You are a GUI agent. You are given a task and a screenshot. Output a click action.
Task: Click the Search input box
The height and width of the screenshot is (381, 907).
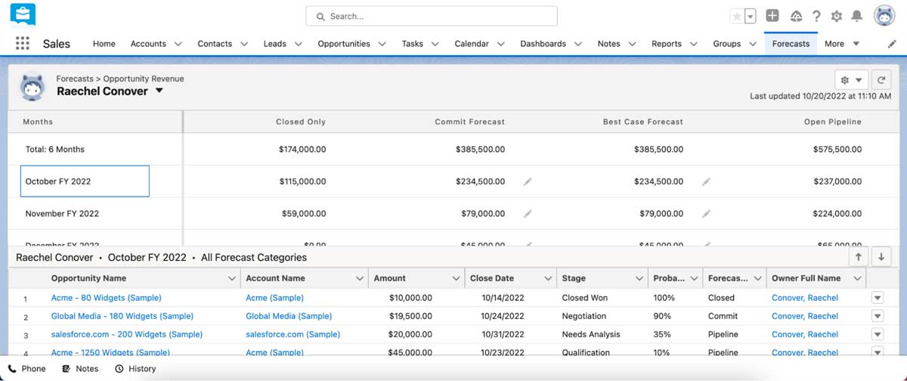click(431, 16)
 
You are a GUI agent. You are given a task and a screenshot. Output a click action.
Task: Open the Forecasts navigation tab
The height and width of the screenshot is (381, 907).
click(791, 44)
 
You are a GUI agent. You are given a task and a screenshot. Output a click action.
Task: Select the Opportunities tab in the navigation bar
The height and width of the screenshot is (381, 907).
click(344, 44)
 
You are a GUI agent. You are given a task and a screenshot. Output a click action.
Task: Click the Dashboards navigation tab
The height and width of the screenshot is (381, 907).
click(543, 44)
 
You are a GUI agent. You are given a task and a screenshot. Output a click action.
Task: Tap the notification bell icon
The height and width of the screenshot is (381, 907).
click(857, 16)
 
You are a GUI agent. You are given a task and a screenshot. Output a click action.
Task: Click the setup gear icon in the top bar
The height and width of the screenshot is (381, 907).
click(836, 16)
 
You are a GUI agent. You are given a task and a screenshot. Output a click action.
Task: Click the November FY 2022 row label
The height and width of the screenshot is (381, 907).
click(62, 214)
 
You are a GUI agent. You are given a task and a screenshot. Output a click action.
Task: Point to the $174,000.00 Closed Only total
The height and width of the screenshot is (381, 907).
click(302, 150)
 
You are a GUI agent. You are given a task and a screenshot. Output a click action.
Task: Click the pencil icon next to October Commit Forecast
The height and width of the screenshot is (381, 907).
click(528, 181)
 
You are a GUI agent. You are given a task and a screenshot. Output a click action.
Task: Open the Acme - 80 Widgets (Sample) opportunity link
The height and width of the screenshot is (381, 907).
click(106, 298)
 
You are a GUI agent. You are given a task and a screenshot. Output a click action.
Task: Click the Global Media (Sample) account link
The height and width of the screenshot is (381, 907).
click(289, 316)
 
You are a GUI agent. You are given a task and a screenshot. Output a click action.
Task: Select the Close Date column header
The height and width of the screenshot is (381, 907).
click(492, 278)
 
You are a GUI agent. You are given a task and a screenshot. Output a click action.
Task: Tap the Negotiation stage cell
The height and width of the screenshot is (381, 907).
click(584, 316)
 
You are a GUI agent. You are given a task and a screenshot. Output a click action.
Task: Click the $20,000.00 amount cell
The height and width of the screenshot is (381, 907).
click(410, 334)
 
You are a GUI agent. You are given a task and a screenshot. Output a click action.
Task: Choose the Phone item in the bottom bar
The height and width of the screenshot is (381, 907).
click(27, 369)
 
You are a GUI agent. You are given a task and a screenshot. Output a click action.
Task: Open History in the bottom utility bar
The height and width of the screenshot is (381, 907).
click(135, 369)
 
